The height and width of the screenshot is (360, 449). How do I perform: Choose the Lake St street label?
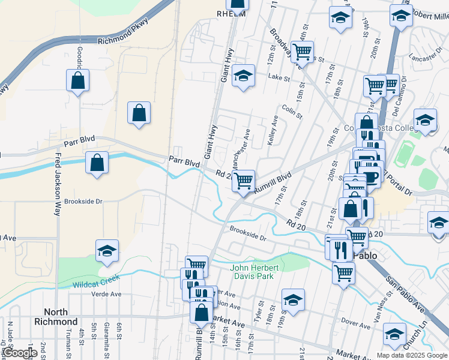click(279, 77)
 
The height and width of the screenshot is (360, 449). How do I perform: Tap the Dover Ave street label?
click(357, 322)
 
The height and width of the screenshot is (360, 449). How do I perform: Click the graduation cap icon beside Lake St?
click(243, 76)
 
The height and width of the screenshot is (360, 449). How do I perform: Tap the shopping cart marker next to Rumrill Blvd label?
click(243, 179)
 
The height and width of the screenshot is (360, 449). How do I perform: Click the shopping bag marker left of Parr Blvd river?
click(97, 163)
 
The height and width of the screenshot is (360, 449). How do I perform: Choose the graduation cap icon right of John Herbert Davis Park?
click(292, 301)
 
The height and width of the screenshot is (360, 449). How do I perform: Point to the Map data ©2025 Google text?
click(412, 355)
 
